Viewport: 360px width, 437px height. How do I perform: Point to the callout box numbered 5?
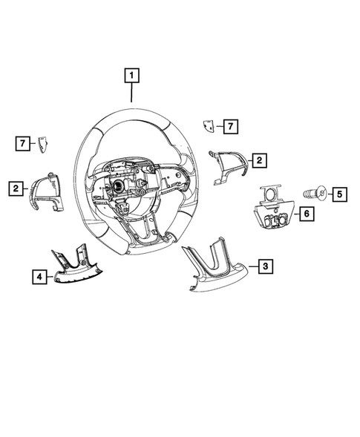pyautogui.click(x=338, y=194)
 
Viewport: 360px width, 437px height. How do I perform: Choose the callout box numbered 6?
pyautogui.click(x=305, y=214)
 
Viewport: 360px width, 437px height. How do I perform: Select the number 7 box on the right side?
pyautogui.click(x=232, y=126)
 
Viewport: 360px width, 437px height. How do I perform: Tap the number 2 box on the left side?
pyautogui.click(x=15, y=189)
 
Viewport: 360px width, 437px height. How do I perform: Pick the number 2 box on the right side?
pyautogui.click(x=258, y=160)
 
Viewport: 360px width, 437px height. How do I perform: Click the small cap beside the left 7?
pyautogui.click(x=43, y=141)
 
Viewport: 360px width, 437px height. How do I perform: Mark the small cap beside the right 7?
pyautogui.click(x=210, y=127)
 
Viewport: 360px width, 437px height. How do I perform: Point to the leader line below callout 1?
pyautogui.click(x=131, y=93)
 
